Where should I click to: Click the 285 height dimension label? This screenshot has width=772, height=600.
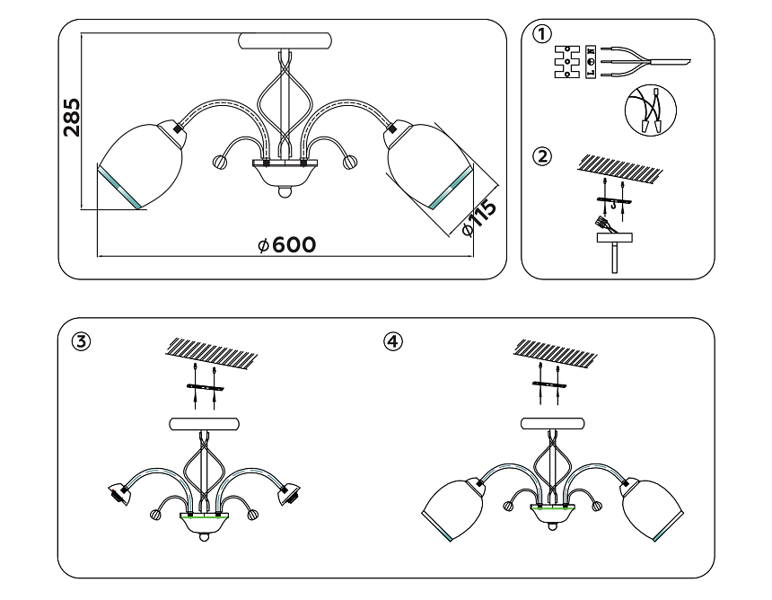pos(72,117)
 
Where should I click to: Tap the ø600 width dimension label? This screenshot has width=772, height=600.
pos(286,245)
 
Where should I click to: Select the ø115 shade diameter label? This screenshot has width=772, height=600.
pos(478,218)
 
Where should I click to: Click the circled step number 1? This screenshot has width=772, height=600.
pos(540,35)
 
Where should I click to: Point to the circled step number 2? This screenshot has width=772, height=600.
pos(540,156)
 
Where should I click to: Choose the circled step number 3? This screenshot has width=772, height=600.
pos(82,341)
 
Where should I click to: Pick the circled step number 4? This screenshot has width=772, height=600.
pos(392,341)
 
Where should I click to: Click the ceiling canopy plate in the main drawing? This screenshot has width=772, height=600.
pos(285,41)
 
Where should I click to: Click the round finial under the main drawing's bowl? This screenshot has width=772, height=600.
pos(285,191)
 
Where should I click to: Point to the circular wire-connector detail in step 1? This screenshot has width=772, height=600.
pos(651,110)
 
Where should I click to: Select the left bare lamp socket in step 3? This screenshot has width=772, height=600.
pos(119,493)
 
